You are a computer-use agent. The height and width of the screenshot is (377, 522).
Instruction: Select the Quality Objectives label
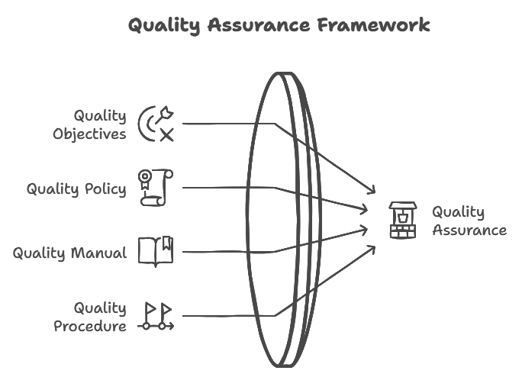pos(90,124)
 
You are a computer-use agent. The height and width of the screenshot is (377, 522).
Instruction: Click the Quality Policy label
pos(76,188)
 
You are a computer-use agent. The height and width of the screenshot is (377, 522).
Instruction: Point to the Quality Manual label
pos(69,253)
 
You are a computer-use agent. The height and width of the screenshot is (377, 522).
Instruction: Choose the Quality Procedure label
pos(90,317)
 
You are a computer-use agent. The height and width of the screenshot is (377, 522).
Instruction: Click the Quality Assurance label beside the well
pos(469,221)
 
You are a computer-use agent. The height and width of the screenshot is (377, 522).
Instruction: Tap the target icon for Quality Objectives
pos(156,124)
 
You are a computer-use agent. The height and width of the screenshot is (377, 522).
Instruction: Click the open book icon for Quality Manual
pos(156,251)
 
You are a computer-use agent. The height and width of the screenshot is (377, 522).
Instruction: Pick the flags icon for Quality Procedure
pos(156,316)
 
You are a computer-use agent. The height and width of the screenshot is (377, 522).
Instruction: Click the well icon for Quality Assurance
pos(402,220)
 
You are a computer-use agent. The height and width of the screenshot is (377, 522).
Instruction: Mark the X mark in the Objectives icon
pos(166,136)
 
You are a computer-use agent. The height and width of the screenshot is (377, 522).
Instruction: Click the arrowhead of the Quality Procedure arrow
pos(372,247)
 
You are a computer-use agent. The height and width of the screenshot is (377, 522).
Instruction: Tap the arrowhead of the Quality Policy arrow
pos(365,209)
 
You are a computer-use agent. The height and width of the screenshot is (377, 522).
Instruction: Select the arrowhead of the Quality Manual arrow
pos(365,227)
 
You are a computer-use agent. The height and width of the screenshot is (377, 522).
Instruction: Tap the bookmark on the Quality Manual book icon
pos(166,243)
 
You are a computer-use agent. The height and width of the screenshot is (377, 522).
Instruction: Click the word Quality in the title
pos(160,25)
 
